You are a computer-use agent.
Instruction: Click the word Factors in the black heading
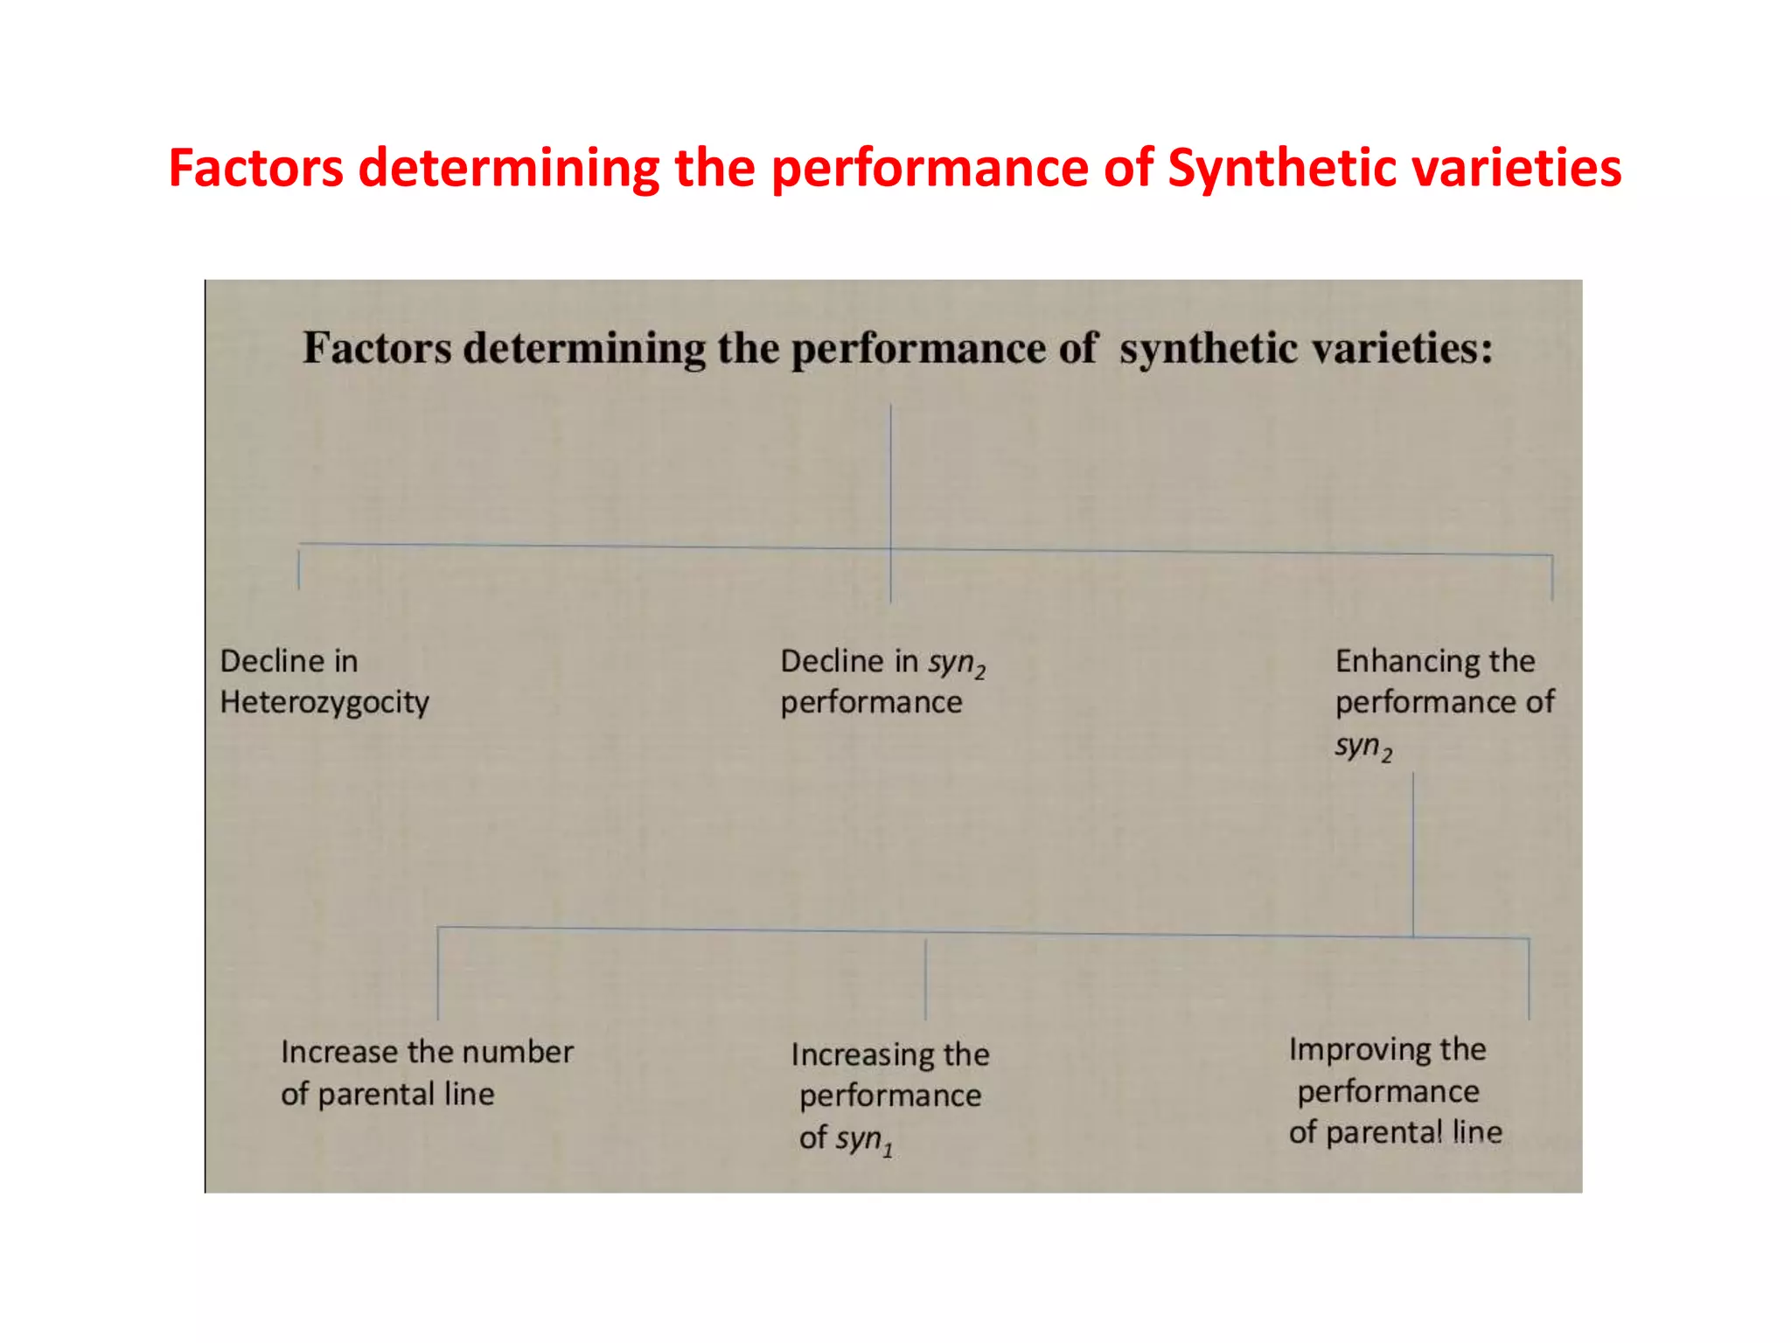coord(377,348)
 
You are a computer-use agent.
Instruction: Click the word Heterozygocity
coord(324,703)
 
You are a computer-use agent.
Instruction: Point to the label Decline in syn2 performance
coord(882,682)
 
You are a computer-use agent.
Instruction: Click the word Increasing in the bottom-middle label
coord(862,1055)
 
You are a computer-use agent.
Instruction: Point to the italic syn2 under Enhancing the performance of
coord(1362,748)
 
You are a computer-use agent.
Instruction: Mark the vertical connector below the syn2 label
coord(1413,852)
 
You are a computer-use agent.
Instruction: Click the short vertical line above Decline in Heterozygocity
coord(299,568)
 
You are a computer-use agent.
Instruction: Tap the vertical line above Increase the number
coord(438,973)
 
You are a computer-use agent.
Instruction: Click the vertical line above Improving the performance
coord(1529,978)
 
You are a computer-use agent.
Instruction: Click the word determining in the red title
coord(508,168)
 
